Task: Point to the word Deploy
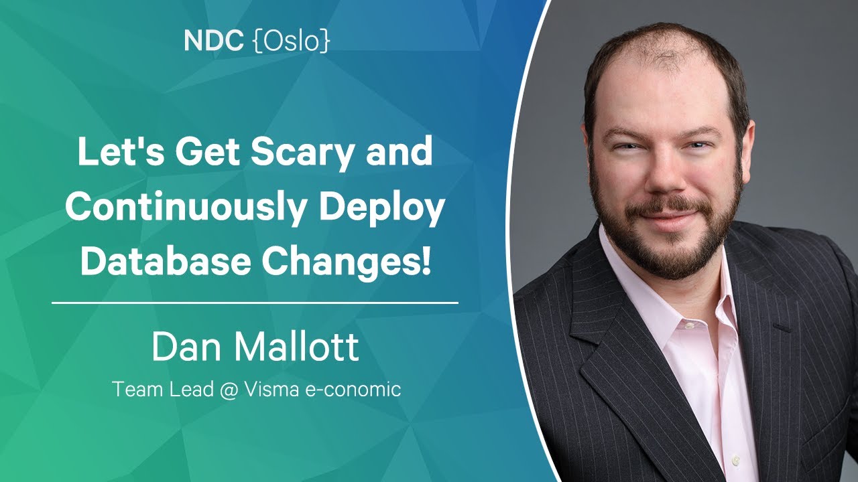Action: tap(382, 208)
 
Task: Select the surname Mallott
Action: tap(297, 347)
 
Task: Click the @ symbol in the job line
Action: tap(229, 390)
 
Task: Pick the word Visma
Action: tap(271, 390)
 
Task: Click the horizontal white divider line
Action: tap(255, 303)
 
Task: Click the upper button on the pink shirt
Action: tap(689, 325)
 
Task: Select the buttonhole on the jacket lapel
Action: tap(782, 327)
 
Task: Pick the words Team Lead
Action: tap(163, 390)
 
